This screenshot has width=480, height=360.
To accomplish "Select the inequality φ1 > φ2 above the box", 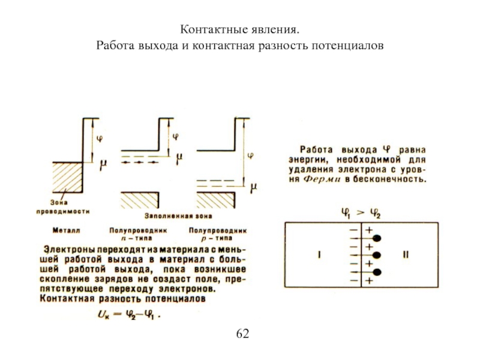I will pos(361,212).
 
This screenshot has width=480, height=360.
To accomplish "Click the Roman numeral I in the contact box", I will pos(320,255).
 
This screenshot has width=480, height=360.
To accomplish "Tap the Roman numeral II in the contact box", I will pos(406,255).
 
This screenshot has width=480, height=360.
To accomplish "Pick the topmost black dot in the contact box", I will pos(377,239).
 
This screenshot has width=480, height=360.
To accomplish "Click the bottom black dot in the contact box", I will pos(377,272).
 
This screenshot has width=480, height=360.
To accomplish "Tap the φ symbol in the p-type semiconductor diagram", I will pos(250,155).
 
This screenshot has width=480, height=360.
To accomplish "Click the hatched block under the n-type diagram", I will pos(139,200).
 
